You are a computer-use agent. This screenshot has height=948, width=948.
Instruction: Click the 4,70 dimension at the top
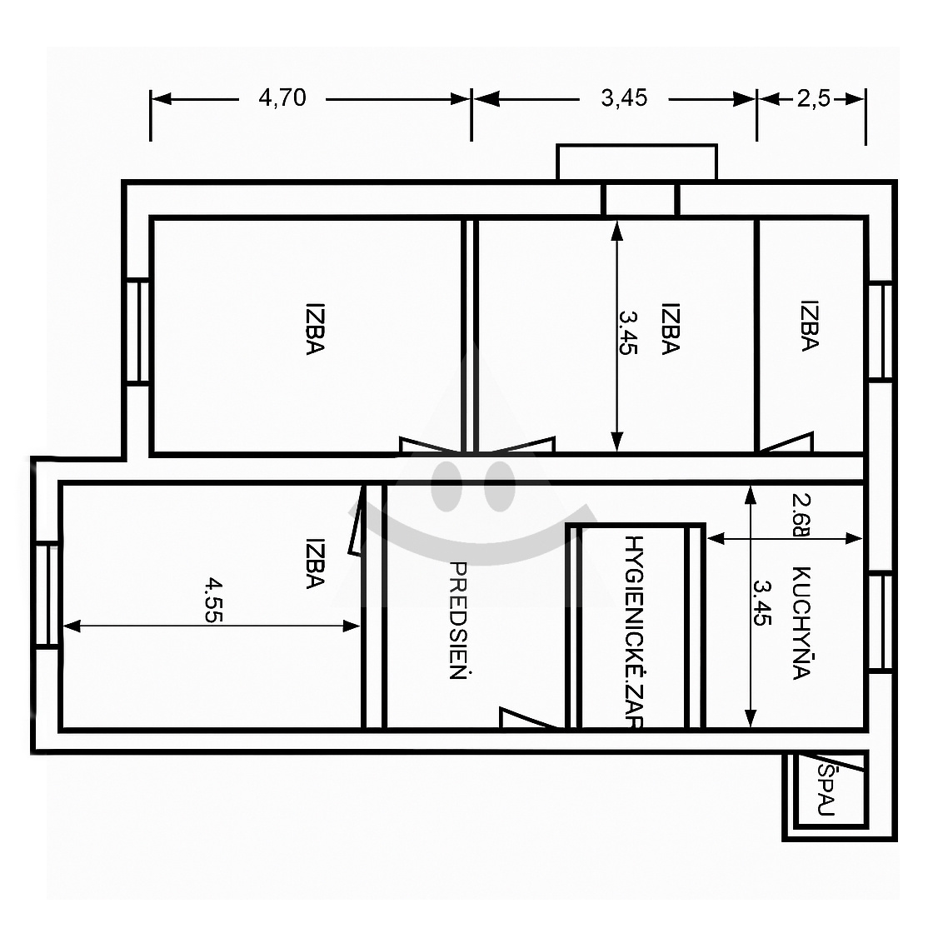pos(282,97)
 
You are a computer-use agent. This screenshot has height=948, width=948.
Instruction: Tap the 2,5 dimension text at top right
pos(814,98)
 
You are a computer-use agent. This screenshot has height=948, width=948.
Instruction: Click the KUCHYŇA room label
pos(801,623)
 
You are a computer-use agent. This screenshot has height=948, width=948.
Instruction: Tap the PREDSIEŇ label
pos(458,621)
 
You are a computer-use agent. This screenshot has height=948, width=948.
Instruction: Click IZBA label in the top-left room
pos(315,329)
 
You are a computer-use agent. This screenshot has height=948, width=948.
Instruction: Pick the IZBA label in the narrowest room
pos(809,325)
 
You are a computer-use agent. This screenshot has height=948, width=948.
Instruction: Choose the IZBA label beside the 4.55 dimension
pos(315,563)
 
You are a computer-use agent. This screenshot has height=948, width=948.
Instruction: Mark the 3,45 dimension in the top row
pos(624,97)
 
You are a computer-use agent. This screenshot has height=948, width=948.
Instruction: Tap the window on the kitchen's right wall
pos(881,622)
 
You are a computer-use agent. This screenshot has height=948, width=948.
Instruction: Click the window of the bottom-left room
pos(47,596)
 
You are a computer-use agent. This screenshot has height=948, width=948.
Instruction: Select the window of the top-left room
pos(137,331)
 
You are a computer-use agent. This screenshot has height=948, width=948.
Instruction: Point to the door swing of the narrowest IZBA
pos(786,442)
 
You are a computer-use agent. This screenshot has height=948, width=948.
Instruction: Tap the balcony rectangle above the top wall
pos(636,162)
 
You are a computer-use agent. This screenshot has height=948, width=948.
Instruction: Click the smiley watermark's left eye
pos(447,486)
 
